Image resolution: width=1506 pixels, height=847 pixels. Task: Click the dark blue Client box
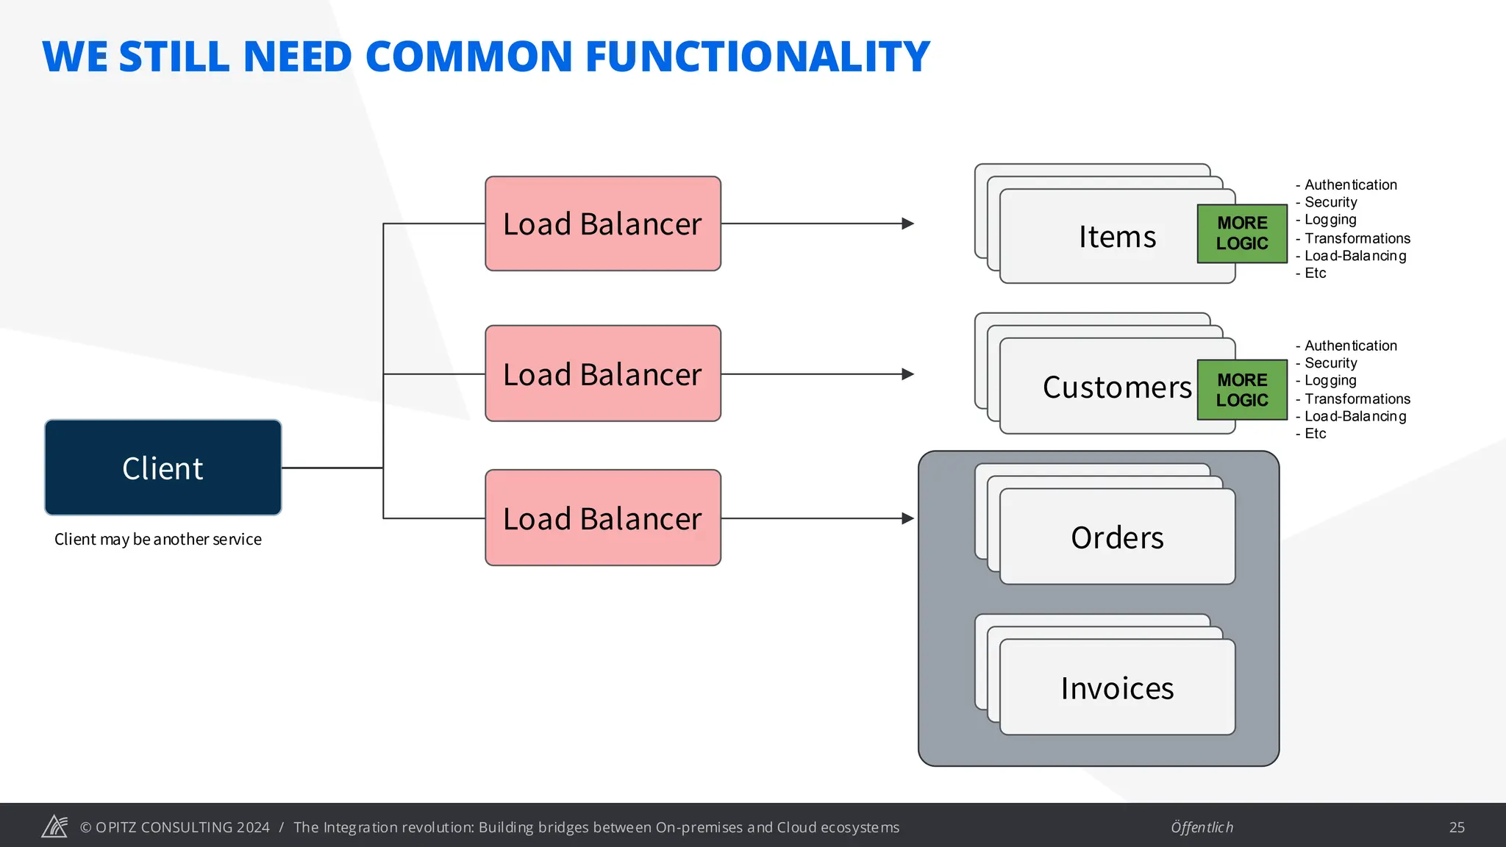(x=163, y=468)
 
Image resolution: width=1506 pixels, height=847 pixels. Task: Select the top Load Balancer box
(x=602, y=224)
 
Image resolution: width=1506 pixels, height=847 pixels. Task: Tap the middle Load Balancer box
(x=602, y=374)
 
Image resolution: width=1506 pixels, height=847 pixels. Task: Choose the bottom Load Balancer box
(x=602, y=518)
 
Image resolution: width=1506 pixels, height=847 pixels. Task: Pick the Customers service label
(x=1116, y=387)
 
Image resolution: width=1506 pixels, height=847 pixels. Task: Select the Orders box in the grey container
(x=1116, y=537)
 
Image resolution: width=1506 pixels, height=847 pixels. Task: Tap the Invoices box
(x=1116, y=687)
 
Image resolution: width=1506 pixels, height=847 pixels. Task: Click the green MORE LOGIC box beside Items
(x=1242, y=233)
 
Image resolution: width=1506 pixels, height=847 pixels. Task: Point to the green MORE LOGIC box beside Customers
(x=1242, y=390)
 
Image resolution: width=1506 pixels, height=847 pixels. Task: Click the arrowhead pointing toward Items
(x=908, y=224)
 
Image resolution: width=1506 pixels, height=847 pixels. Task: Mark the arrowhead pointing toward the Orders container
(x=908, y=518)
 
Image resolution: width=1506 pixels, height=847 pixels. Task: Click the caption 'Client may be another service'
(x=157, y=539)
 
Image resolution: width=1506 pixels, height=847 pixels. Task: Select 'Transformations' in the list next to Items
(x=1357, y=238)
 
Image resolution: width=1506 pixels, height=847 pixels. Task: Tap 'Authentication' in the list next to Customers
(x=1350, y=346)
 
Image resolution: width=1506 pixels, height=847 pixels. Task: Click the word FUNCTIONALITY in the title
(x=757, y=57)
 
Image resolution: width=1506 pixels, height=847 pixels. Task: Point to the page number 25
(x=1457, y=827)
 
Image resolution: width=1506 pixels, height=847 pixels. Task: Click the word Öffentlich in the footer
(x=1202, y=827)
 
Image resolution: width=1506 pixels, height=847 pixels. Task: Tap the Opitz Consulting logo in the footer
(x=54, y=826)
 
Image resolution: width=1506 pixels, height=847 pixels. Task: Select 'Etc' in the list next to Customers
(x=1315, y=434)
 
